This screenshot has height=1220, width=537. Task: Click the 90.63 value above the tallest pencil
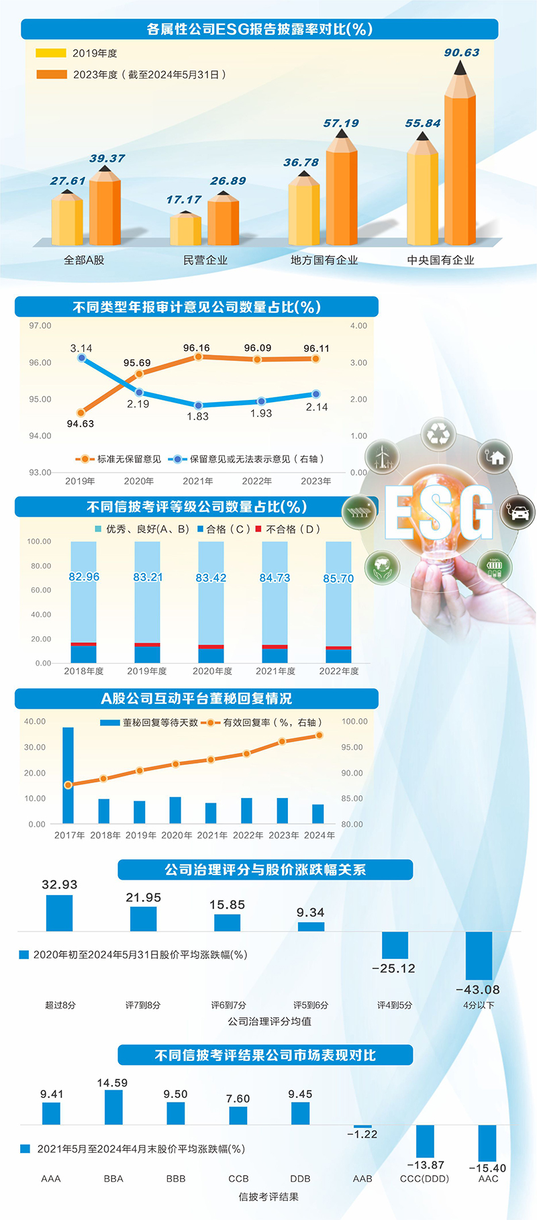tap(462, 52)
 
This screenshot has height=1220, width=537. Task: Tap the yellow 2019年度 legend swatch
tap(50, 53)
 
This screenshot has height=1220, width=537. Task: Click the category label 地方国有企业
tap(324, 260)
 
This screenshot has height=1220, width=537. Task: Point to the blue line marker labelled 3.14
tap(82, 358)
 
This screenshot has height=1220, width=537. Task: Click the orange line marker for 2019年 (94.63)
tap(81, 413)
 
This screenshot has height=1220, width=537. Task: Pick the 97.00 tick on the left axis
tap(40, 325)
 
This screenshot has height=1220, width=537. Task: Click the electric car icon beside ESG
tap(517, 512)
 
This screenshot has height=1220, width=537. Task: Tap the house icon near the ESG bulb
tap(495, 458)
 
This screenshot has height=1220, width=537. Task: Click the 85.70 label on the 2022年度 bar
tap(338, 578)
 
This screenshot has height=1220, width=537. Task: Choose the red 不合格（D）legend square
tap(258, 529)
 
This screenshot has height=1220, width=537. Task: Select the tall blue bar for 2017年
tap(68, 775)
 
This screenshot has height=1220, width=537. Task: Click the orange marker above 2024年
tap(319, 735)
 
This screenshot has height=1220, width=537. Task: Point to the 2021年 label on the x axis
tap(212, 835)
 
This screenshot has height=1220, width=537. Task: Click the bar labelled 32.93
tap(59, 913)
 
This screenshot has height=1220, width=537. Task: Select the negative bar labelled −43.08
tap(479, 956)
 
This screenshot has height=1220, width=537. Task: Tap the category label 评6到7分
tap(228, 1005)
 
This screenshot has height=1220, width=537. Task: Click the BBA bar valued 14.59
tap(113, 1107)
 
